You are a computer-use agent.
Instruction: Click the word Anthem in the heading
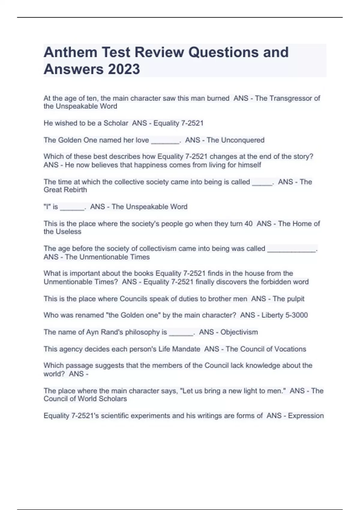(70, 52)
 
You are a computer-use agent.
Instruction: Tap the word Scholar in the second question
(116, 123)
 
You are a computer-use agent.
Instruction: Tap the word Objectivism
(239, 332)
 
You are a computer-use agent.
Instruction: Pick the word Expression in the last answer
(306, 415)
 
